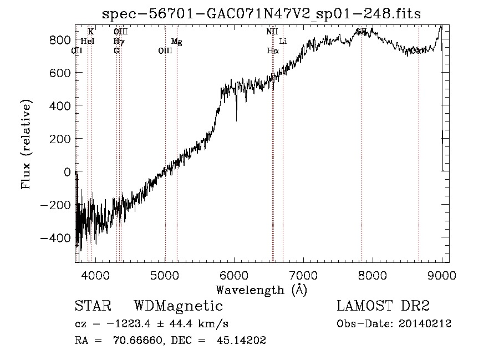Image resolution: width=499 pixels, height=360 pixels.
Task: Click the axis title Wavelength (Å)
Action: click(261, 290)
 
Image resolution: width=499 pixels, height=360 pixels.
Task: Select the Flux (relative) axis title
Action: click(26, 144)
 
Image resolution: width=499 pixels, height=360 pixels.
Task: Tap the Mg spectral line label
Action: click(176, 42)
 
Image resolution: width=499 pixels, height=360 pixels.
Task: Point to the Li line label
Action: click(283, 42)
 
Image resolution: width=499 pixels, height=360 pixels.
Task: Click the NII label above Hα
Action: click(272, 32)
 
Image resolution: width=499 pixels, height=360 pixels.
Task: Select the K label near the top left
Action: click(91, 32)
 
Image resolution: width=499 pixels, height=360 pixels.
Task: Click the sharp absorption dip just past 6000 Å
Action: click(237, 119)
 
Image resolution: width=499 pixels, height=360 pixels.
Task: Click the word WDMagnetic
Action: click(179, 306)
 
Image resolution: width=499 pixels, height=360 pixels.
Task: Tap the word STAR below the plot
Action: click(93, 306)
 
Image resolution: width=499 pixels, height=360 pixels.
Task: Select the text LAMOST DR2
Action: click(383, 306)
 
